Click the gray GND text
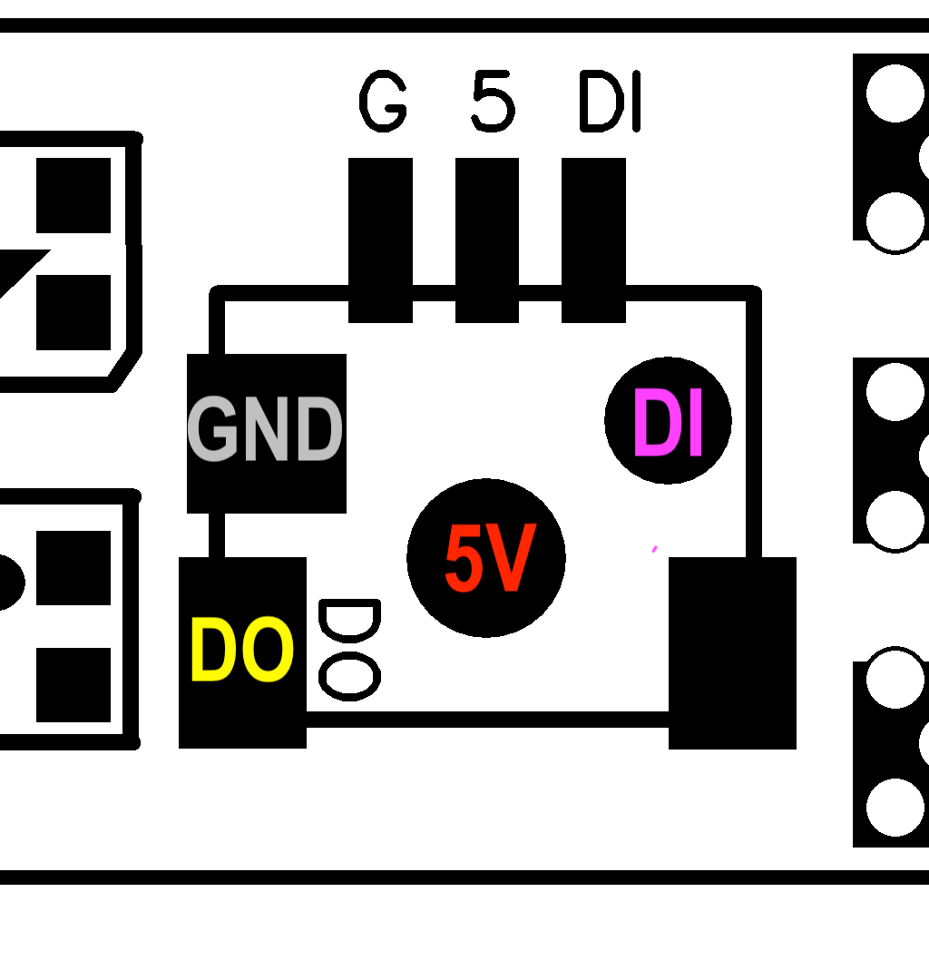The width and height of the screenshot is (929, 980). click(x=265, y=430)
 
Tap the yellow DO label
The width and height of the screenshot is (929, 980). click(x=241, y=650)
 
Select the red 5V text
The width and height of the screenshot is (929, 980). click(x=490, y=559)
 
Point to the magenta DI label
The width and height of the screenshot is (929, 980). click(x=669, y=423)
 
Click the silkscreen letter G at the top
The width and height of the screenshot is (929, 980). click(x=383, y=102)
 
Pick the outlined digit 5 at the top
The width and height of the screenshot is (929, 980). click(x=493, y=102)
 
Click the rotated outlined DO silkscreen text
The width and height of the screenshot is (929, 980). click(x=349, y=650)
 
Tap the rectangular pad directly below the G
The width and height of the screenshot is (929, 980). click(x=380, y=240)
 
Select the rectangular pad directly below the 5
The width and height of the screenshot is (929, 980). click(x=487, y=240)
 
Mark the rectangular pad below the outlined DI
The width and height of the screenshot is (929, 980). click(x=593, y=240)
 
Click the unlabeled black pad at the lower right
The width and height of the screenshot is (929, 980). click(x=732, y=653)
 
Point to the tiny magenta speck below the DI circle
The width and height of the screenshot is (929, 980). click(x=653, y=549)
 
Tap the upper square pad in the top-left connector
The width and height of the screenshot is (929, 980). click(x=73, y=195)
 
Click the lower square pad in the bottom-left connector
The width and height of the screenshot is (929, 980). click(x=73, y=684)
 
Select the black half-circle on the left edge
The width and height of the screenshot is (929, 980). click(x=10, y=582)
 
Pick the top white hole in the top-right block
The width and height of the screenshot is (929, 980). click(x=895, y=93)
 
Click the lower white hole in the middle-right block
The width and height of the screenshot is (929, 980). click(x=895, y=520)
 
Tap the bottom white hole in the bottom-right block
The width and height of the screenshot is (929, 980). click(x=895, y=807)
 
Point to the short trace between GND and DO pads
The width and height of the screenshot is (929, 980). click(x=216, y=535)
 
